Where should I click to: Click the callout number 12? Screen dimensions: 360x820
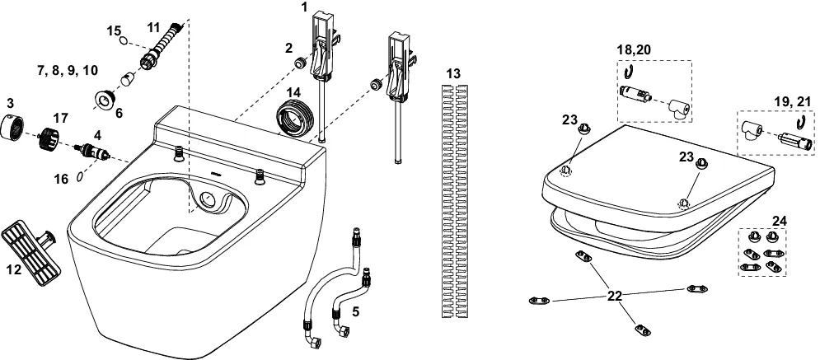point(15,269)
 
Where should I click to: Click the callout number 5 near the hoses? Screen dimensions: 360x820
point(356,311)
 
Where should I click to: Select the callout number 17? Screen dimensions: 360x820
point(61,118)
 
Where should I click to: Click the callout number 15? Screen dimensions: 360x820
point(115,30)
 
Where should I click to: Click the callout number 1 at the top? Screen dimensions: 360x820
point(304,7)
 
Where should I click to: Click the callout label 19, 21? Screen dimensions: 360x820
point(790,100)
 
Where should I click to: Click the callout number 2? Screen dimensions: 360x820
point(289,47)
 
